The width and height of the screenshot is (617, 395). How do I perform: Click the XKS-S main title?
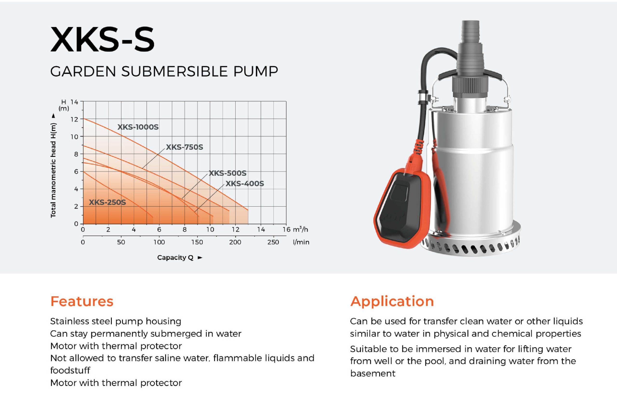[x=102, y=39]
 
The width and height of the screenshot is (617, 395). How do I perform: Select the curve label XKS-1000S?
[x=138, y=127]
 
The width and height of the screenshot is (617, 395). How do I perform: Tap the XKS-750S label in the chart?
[x=185, y=147]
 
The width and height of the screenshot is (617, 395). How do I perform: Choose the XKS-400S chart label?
[x=245, y=184]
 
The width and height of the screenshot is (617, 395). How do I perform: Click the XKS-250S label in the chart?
[x=107, y=202]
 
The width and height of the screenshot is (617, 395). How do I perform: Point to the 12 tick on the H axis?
[x=74, y=119]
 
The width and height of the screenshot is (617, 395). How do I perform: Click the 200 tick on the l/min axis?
[x=235, y=242]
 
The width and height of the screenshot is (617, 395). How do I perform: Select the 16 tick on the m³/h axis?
[x=286, y=229]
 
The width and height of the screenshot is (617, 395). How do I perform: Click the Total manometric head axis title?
[x=53, y=171]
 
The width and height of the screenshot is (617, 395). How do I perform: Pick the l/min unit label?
[x=301, y=242]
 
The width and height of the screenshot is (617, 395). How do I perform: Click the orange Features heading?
[x=82, y=301]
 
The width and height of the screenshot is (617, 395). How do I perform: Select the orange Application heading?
[x=392, y=302]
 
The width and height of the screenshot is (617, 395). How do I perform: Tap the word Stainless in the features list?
[x=71, y=321]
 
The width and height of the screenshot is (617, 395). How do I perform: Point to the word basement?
[x=373, y=374]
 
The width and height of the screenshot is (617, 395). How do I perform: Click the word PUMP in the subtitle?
[x=256, y=71]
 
